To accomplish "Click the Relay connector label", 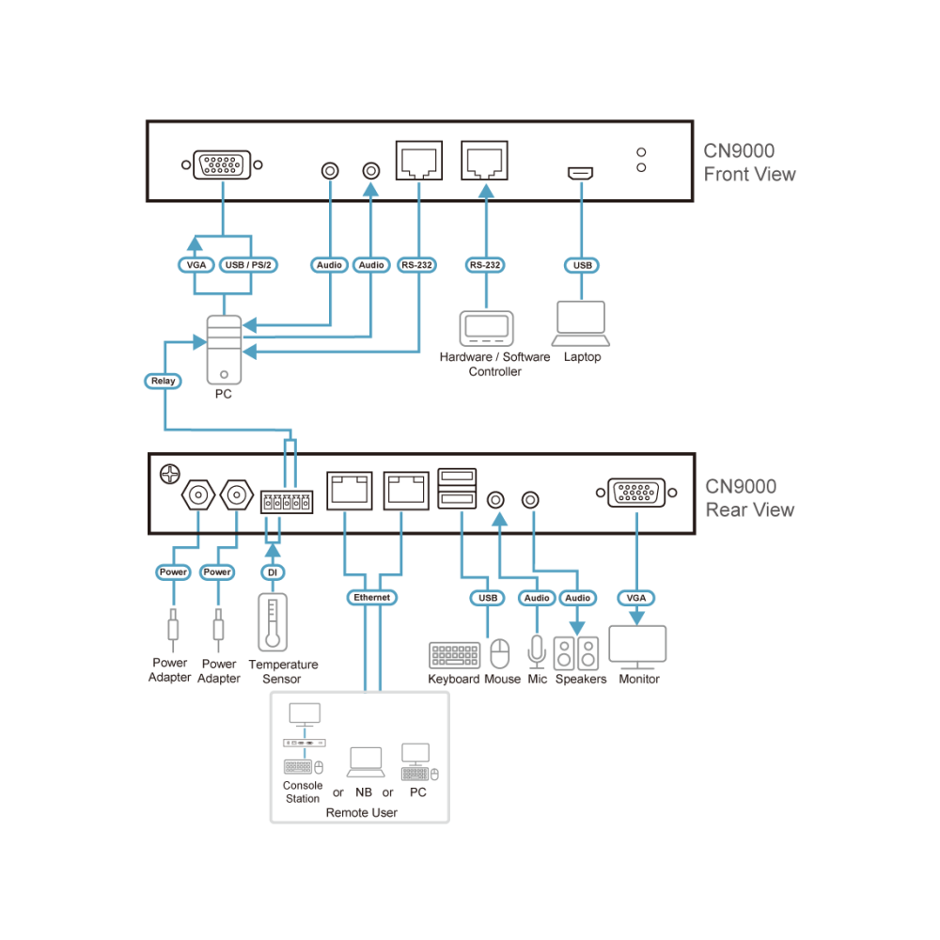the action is (x=163, y=381).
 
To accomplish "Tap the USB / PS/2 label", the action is (x=248, y=265).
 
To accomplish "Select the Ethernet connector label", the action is (x=371, y=598).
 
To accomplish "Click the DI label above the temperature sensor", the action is (x=273, y=572).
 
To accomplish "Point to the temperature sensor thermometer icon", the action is (x=273, y=622).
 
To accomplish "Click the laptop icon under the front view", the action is (x=581, y=323).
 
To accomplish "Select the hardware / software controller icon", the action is (x=486, y=328).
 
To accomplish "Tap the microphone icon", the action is (x=537, y=651).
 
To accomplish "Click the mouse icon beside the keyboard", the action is (x=500, y=653).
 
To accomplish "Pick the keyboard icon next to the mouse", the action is (x=455, y=655).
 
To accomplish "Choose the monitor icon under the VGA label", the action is (x=637, y=648).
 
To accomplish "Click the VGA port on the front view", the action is (x=222, y=164).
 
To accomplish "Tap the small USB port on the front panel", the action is (x=580, y=173).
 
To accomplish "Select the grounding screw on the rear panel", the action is (x=170, y=474).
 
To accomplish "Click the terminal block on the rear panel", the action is (x=287, y=502).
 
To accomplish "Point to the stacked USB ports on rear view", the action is (x=457, y=489).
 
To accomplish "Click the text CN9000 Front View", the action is (x=749, y=163).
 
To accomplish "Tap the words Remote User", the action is (x=362, y=813).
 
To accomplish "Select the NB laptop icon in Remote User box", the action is (x=366, y=762).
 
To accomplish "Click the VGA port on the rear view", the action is (x=636, y=493).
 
